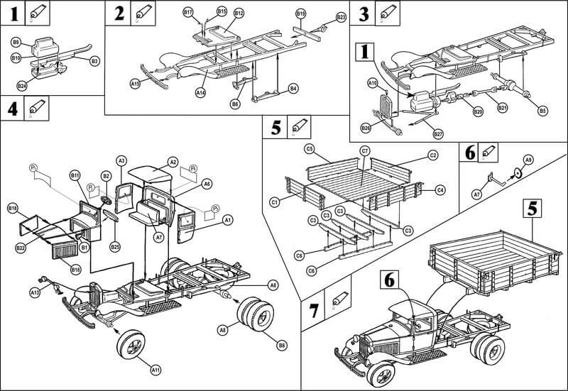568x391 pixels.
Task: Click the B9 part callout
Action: [16, 43]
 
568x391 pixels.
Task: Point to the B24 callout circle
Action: [22, 87]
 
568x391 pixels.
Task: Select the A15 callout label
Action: [134, 84]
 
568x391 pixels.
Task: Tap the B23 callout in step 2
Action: [341, 16]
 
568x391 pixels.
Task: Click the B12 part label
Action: [239, 13]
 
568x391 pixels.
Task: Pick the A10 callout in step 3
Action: [371, 84]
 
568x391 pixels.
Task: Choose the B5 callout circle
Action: [542, 111]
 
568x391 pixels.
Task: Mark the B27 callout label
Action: [438, 134]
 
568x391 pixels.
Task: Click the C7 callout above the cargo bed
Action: [364, 151]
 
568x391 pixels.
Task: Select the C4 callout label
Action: [440, 189]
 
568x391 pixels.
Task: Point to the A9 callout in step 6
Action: [528, 160]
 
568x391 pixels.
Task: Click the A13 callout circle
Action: [34, 292]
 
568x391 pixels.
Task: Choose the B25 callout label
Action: [114, 246]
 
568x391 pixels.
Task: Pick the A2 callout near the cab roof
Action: [173, 162]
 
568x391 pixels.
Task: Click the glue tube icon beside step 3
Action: [388, 13]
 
